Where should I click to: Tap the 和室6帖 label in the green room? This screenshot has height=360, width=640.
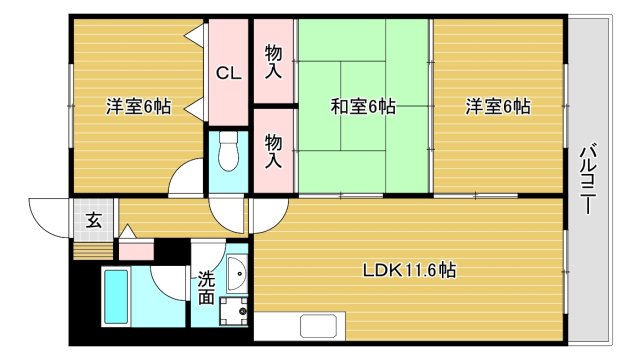point(363,106)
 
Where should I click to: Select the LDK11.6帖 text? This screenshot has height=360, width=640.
point(410,270)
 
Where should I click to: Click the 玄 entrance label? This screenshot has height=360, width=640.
point(92,220)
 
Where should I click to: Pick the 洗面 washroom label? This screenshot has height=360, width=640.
point(205,288)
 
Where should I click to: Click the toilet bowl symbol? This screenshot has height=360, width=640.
point(228,153)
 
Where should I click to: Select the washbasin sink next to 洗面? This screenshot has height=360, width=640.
point(237,273)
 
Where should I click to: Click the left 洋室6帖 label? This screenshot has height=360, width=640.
point(138,106)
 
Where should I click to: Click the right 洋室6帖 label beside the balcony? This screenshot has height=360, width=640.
point(497,106)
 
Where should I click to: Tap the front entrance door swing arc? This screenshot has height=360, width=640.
point(47,216)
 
